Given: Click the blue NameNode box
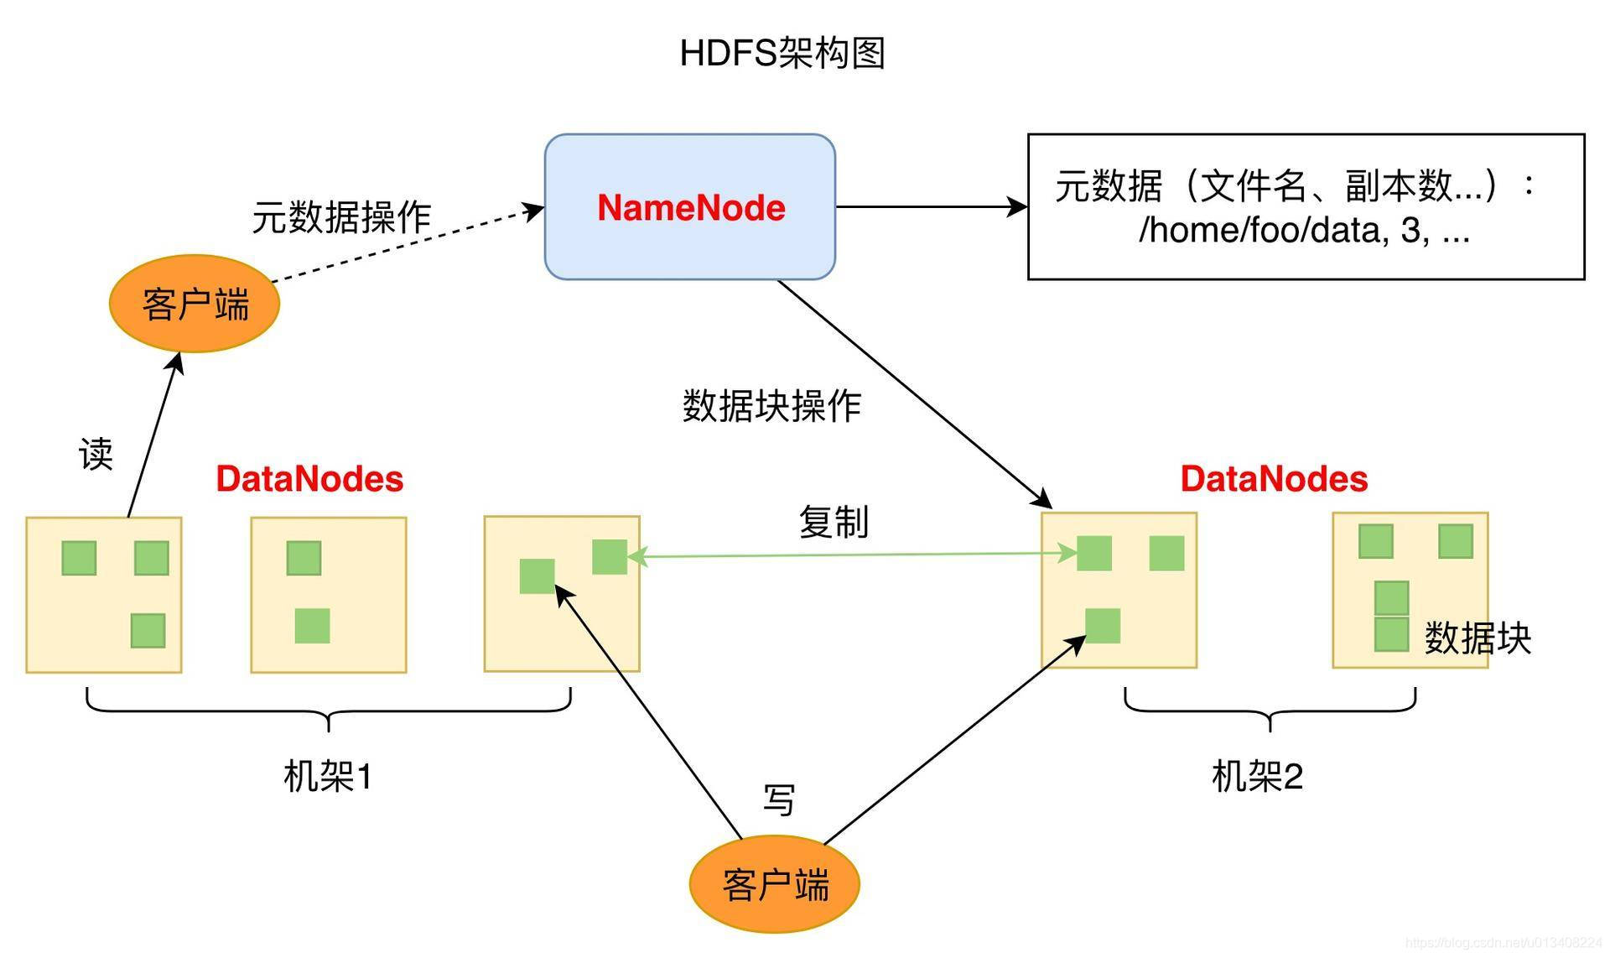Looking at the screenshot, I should tap(689, 206).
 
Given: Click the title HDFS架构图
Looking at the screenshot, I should tap(782, 53).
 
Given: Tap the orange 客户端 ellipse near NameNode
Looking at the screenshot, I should tap(194, 304).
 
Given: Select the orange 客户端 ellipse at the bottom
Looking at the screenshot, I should tap(774, 884).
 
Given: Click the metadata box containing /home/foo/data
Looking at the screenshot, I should tap(1305, 206).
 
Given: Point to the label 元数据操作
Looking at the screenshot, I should tap(341, 217).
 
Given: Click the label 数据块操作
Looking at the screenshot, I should tap(771, 406).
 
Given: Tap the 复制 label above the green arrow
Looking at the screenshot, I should tap(833, 522).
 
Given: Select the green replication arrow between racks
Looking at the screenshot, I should tap(851, 554).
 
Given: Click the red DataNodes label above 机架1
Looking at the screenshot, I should tap(309, 479).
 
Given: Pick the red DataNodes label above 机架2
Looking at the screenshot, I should tap(1273, 479).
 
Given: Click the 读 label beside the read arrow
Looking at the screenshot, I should tap(96, 454).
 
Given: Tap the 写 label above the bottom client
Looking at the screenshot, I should tap(778, 799).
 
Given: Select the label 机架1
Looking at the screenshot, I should tap(327, 776).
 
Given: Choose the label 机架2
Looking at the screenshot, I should tap(1256, 776).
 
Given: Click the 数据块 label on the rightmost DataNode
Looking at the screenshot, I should tap(1477, 638).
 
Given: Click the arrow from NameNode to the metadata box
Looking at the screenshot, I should tap(931, 206).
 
